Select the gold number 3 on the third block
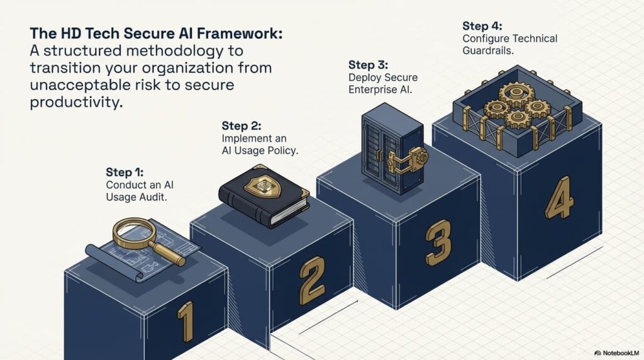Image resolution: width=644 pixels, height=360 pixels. (438, 242)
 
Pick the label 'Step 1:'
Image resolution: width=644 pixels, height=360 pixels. (125, 172)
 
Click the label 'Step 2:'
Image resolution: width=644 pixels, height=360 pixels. (241, 125)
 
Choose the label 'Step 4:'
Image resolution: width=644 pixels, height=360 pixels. (483, 26)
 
